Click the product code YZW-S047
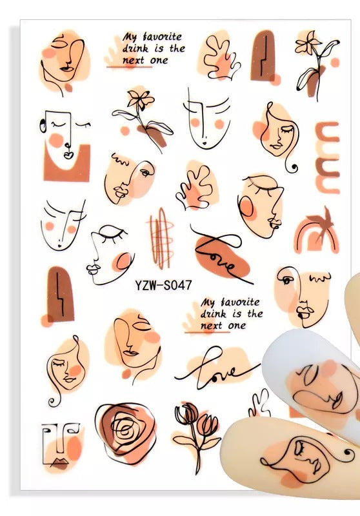point(163,285)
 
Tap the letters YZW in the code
point(145,285)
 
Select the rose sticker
point(125,432)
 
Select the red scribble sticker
point(161,239)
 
